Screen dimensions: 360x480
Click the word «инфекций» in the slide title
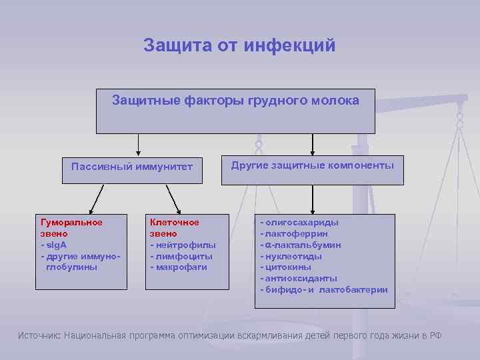pos(290,46)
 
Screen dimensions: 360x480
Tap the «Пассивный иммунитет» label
pos(132,167)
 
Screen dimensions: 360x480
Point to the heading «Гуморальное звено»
pos(71,228)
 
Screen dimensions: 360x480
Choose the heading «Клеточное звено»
pos(174,228)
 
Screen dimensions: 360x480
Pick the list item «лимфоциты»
pos(183,256)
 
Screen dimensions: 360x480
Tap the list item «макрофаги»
pos(181,267)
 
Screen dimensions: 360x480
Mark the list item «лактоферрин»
pos(297,234)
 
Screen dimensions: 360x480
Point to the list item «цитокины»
pos(291,267)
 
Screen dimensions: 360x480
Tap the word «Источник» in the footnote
pos(39,335)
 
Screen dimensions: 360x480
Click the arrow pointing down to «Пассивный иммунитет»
pos(138,144)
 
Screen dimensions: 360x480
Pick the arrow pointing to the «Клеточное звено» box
pos(174,199)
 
